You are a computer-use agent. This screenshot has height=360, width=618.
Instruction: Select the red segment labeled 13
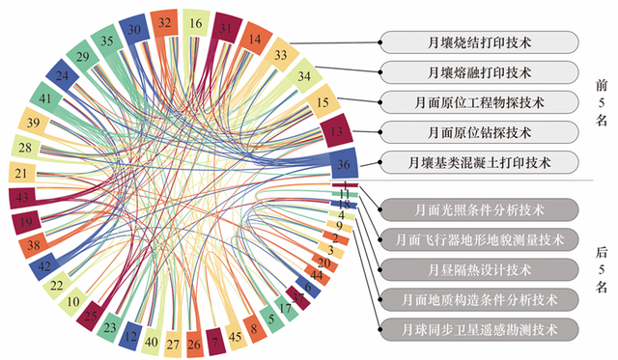[x=336, y=128]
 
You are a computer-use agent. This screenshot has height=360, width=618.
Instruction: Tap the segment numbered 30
[x=134, y=30]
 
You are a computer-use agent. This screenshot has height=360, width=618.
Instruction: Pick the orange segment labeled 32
[x=165, y=21]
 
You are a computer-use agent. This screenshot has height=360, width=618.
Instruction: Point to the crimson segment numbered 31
[x=227, y=28]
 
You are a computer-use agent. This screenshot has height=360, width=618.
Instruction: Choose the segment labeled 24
[x=62, y=75]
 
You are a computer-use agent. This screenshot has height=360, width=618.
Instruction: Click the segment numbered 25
[x=92, y=314]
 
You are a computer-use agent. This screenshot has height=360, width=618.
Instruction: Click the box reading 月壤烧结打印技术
[x=479, y=42]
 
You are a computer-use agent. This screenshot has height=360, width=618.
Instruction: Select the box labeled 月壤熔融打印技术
[x=479, y=71]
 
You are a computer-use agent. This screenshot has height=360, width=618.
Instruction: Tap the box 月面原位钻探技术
[x=479, y=131]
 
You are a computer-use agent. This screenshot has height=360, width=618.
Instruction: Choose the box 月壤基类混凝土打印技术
[x=479, y=161]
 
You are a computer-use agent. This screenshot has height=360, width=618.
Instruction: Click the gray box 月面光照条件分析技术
[x=479, y=208]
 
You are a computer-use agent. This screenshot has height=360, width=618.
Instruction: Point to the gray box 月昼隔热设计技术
[x=479, y=268]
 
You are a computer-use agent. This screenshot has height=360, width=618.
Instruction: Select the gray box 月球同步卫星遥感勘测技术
[x=479, y=329]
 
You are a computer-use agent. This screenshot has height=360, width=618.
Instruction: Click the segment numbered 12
[x=129, y=334]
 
